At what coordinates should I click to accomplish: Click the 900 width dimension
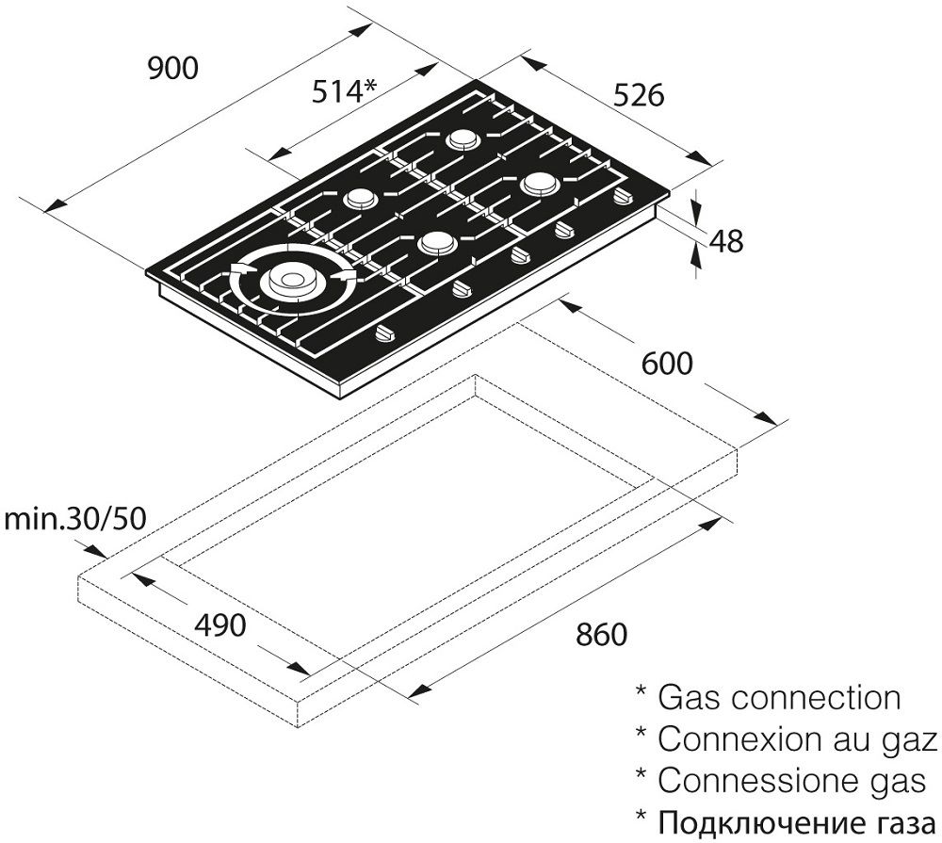click(173, 69)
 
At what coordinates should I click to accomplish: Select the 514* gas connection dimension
click(344, 91)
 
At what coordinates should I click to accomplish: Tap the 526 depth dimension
click(639, 94)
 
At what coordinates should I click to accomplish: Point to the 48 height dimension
click(726, 241)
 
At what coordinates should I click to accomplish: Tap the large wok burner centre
click(290, 280)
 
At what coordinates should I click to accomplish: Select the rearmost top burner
click(463, 140)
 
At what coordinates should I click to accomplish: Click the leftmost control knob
click(385, 332)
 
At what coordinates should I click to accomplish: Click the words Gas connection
click(778, 698)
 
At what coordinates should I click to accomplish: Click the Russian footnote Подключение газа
click(797, 821)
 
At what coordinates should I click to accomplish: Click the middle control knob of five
click(518, 254)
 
